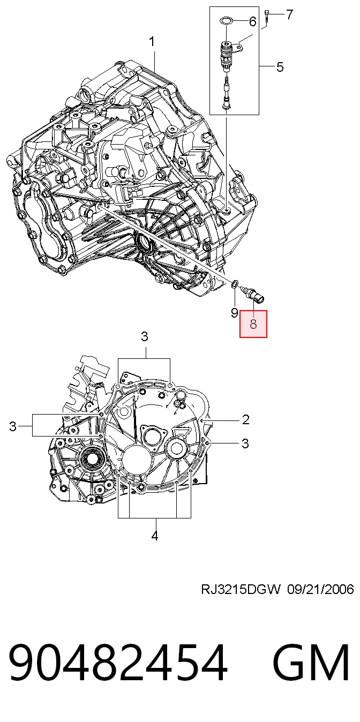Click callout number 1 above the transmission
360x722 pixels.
coord(152,42)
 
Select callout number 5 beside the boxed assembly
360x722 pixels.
coord(280,67)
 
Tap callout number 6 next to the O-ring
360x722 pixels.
coord(252,21)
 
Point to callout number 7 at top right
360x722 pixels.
coord(289,14)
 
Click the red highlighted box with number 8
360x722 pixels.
coord(253,324)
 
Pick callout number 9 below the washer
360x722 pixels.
coord(235,313)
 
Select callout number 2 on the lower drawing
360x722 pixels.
coord(245,420)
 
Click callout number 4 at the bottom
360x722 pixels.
coord(155,536)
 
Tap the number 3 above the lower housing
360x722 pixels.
coord(144,336)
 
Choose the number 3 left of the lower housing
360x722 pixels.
coord(12,426)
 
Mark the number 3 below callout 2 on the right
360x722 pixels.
coord(245,443)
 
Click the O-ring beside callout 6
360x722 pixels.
coord(226,21)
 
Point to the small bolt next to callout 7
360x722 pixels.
coord(267,16)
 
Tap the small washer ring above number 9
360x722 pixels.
coord(235,284)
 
